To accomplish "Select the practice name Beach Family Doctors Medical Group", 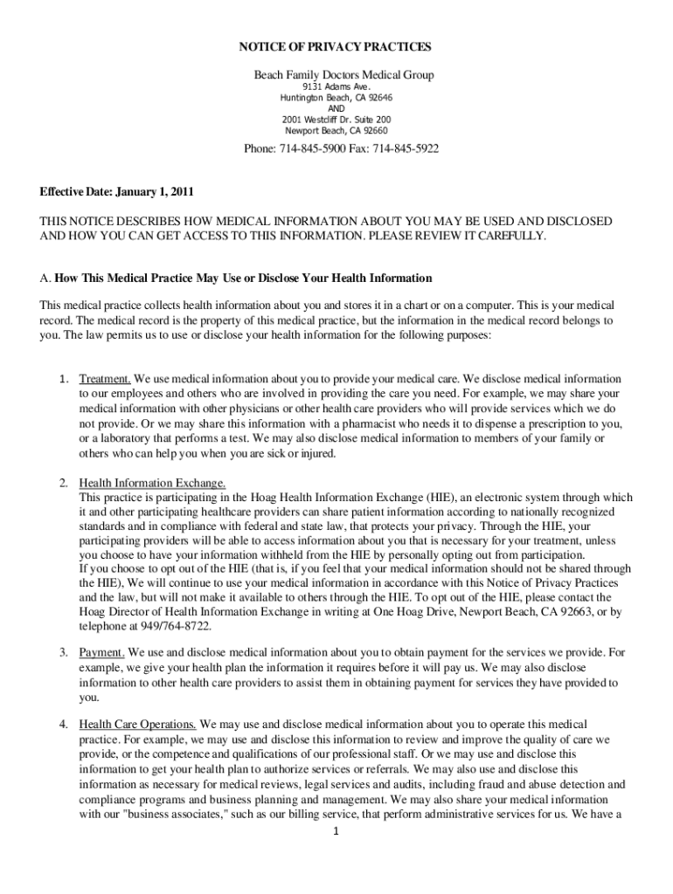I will click(343, 76).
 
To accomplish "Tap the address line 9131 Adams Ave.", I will click(336, 88).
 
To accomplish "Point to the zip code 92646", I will click(376, 99).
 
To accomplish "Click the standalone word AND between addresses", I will click(336, 109).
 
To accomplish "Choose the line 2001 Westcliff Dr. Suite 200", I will click(336, 120).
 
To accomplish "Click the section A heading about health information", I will click(236, 279).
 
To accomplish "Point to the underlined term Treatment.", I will click(105, 380).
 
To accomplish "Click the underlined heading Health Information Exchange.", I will click(153, 483).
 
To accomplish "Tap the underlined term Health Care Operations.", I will click(138, 725).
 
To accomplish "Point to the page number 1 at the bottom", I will click(336, 831).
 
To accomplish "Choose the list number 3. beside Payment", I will click(64, 652).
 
